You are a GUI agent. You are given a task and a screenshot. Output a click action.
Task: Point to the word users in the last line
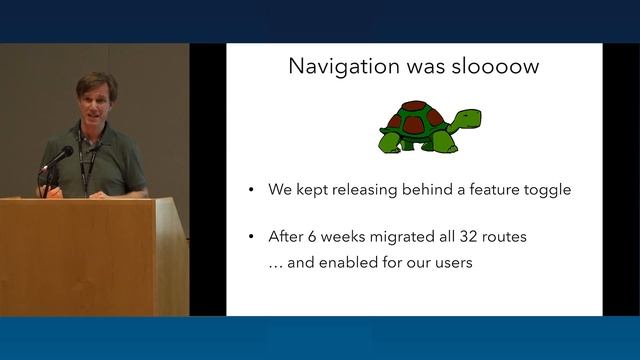(449, 265)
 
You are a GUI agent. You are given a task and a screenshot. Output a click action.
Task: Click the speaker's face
(98, 101)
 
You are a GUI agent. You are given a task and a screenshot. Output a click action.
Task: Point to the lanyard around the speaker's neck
(86, 160)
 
